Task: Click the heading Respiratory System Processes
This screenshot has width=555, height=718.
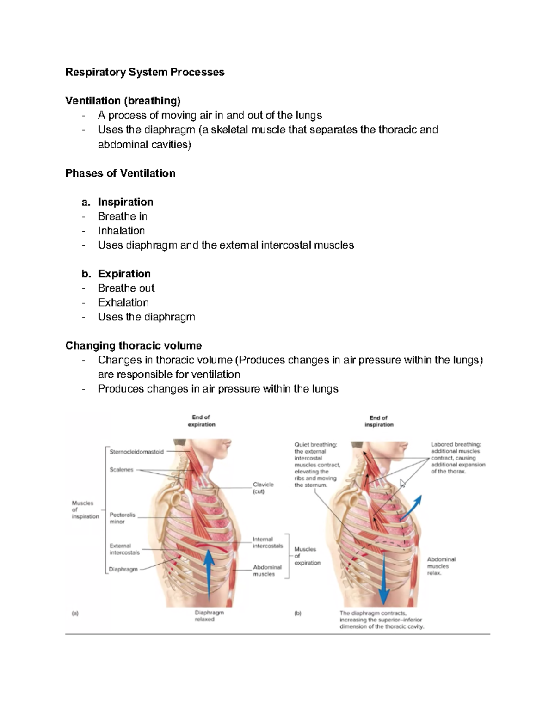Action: [x=145, y=72]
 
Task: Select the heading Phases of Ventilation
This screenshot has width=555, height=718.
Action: [x=120, y=173]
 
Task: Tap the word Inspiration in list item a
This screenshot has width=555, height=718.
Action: [x=125, y=202]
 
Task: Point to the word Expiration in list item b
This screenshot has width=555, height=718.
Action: [x=124, y=274]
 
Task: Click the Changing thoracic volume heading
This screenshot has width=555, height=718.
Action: [x=133, y=346]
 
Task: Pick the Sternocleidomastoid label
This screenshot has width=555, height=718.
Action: [x=136, y=452]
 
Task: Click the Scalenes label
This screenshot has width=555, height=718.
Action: [x=121, y=470]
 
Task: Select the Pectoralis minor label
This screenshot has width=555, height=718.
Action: [x=122, y=518]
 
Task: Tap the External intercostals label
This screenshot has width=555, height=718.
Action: [x=124, y=549]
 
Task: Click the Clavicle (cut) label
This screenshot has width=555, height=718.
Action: [x=263, y=488]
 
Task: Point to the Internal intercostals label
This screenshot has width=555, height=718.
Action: [x=267, y=542]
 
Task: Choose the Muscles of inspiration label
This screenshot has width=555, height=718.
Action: [x=85, y=509]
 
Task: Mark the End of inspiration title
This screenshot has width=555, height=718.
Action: [x=379, y=421]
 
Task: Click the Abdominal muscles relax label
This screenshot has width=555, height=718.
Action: [x=441, y=566]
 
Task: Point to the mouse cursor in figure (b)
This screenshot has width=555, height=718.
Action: [x=402, y=483]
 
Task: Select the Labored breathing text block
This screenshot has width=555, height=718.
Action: [x=458, y=458]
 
